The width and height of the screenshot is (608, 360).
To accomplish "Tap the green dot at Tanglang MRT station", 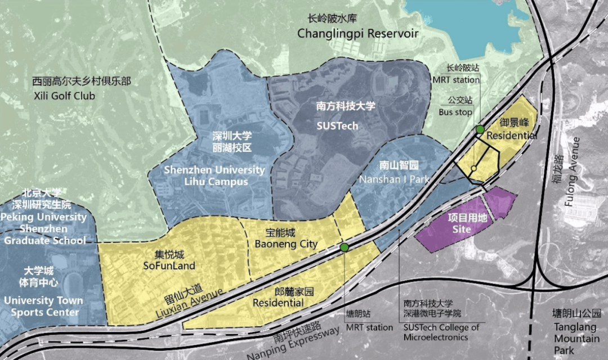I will pos(345,247).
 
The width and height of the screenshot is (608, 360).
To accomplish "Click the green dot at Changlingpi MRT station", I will pos(480,129).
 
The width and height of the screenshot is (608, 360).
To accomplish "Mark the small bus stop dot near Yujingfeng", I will pos(474,169).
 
